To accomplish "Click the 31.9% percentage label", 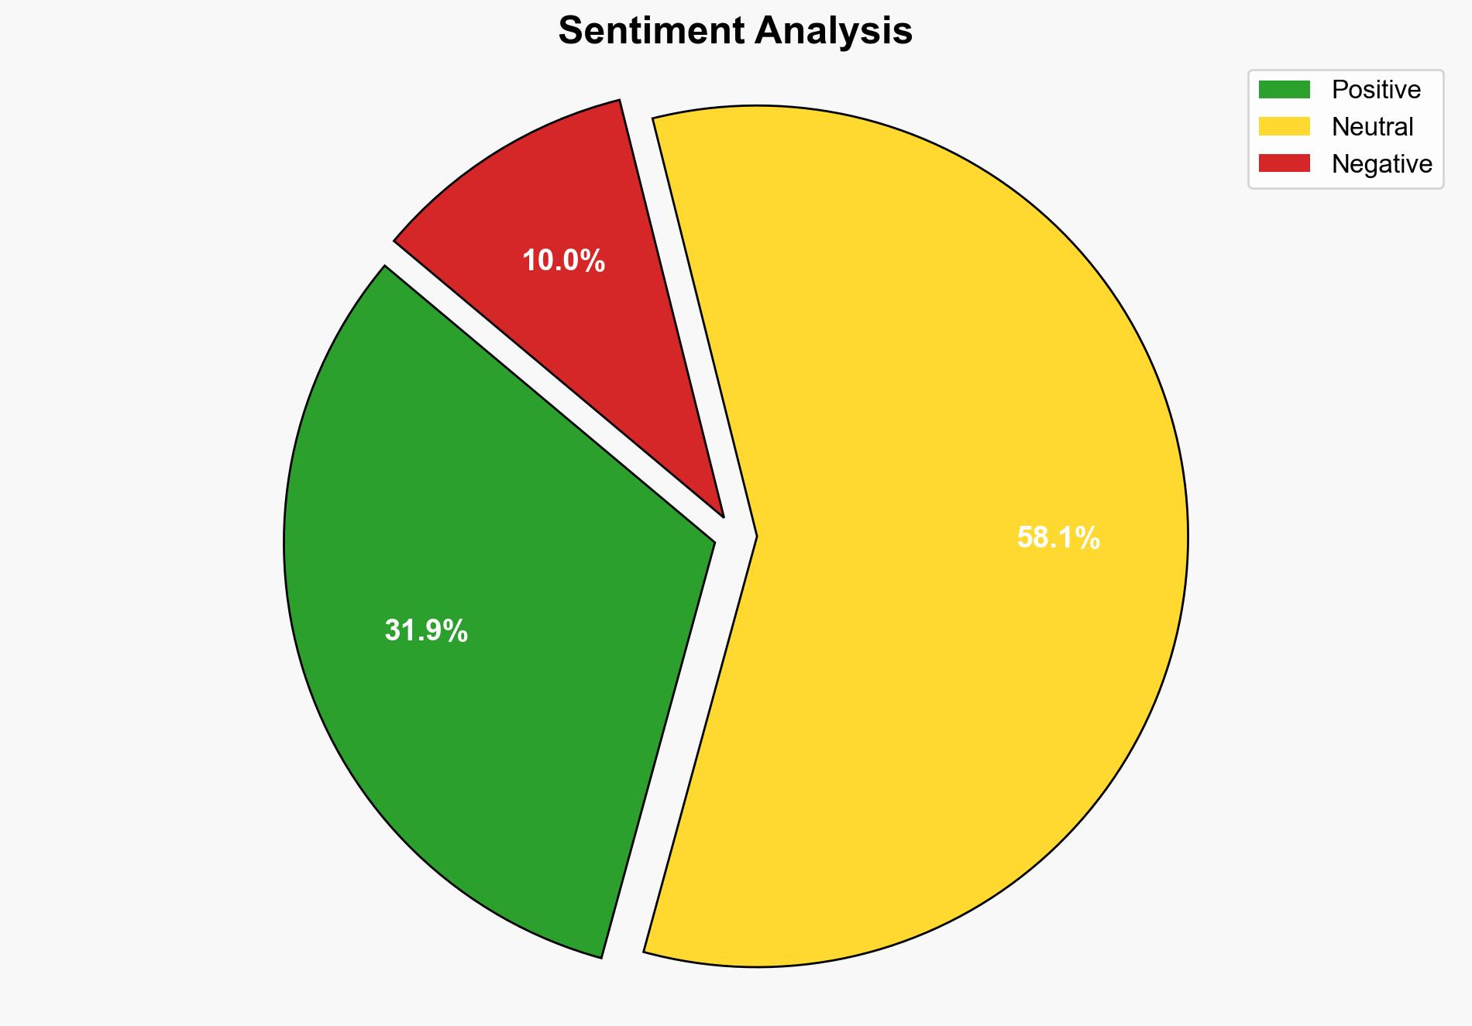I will pos(426,631).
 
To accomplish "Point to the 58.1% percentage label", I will pos(1058,537).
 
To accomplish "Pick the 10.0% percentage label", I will pos(563,261).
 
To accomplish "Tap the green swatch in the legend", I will pos(1284,90).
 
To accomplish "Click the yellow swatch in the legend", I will pos(1284,126).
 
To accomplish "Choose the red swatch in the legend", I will pos(1284,163).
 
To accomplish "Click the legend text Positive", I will pos(1376,90).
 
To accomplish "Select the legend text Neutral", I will pos(1372,126).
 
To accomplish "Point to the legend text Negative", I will pos(1381,163).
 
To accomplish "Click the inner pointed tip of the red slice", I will pos(721,513).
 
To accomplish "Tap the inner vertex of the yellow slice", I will pos(755,536).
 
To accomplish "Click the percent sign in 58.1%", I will pos(1087,537).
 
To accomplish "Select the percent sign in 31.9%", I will pos(455,631).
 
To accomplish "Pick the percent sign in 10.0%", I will pos(592,261).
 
